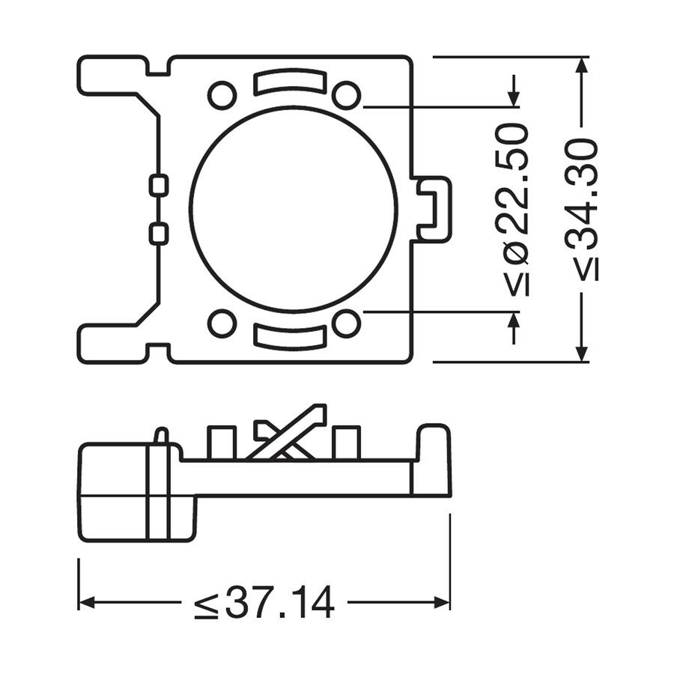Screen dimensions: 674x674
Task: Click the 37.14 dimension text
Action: click(x=264, y=604)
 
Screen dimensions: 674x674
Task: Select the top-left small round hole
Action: click(x=221, y=95)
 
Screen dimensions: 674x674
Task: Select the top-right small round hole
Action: click(x=345, y=95)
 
